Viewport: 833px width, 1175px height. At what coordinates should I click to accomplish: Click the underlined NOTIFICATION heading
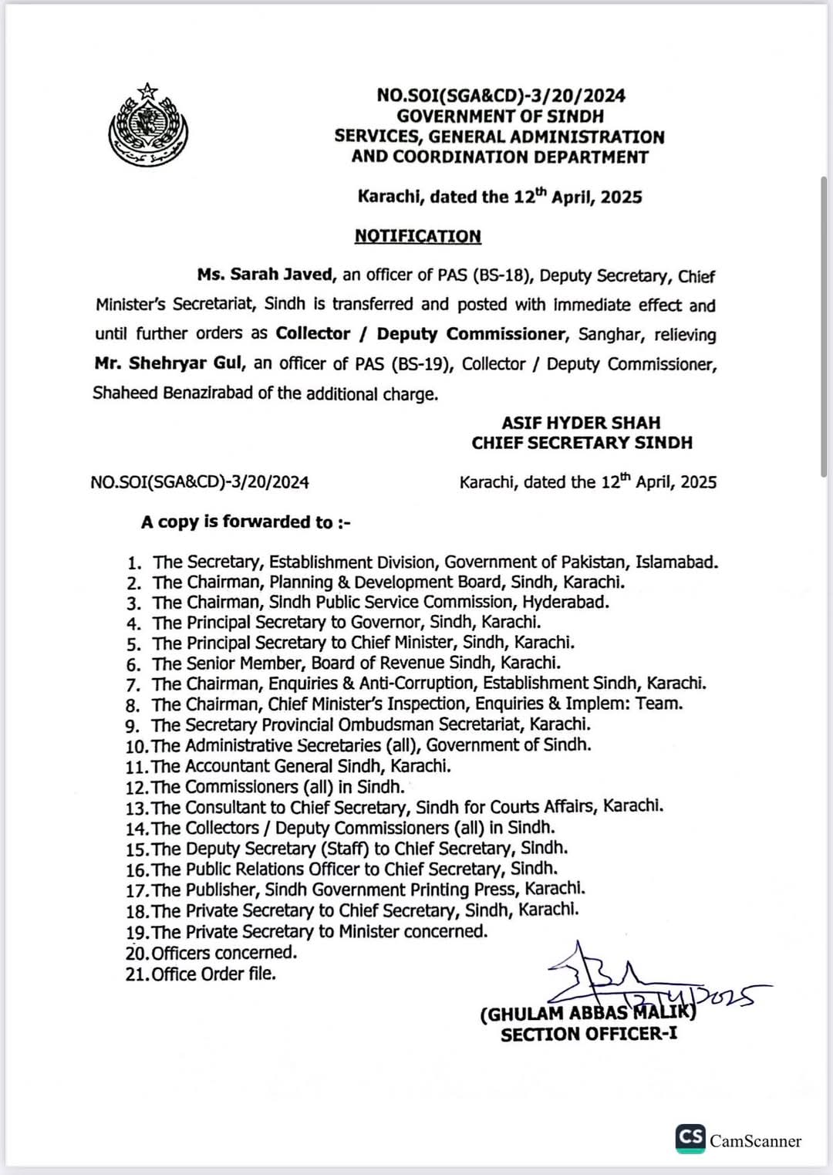pos(417,236)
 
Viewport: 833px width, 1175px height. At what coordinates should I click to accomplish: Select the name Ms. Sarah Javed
pos(265,275)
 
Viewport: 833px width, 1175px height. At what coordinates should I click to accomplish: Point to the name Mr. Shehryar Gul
pos(169,363)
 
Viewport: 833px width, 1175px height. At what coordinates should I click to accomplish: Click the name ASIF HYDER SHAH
pos(581,423)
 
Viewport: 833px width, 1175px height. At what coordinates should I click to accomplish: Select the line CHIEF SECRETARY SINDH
pos(582,443)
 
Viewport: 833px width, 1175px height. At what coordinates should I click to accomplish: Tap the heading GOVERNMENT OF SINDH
pos(500,116)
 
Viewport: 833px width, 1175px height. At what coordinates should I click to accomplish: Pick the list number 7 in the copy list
pos(133,685)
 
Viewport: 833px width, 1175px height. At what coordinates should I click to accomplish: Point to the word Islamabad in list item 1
pos(676,562)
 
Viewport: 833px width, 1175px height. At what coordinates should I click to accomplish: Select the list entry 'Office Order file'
pos(214,974)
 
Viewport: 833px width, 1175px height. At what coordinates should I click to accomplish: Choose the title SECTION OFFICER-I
pos(588,1035)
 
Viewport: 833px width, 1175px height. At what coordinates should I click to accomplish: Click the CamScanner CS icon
pos(690,1138)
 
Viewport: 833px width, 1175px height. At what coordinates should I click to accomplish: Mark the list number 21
pos(137,975)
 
